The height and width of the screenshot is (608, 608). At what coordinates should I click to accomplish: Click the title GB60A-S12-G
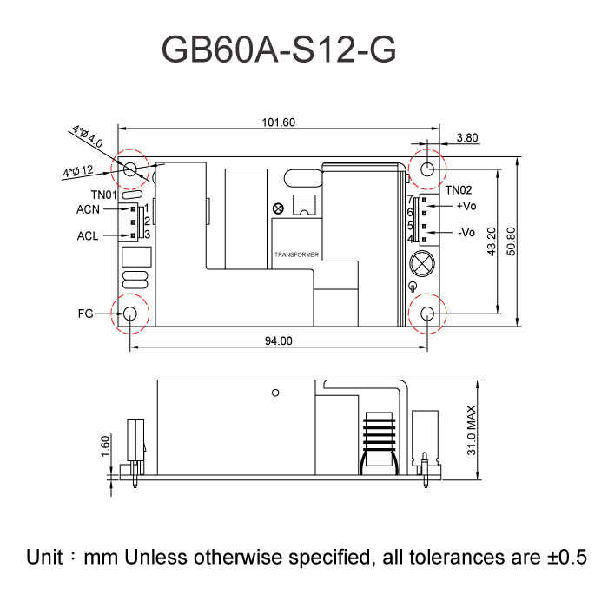pos(279,50)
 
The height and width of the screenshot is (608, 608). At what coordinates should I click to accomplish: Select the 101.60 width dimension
pos(278,122)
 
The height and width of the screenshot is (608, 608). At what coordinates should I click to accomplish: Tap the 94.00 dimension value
pos(278,340)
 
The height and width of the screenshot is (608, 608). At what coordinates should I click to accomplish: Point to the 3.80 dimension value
pos(466,137)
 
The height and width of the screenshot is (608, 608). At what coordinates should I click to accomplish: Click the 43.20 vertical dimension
pos(492,241)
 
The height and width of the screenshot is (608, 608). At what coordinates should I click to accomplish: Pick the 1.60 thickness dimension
pos(105,445)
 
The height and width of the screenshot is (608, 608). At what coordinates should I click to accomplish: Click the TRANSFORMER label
pos(295,255)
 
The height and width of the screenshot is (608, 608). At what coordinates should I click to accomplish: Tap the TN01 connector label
pos(104,195)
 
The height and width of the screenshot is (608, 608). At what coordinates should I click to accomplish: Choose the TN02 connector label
pos(459,189)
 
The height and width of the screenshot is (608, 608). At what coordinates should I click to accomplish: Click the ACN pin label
pos(89,209)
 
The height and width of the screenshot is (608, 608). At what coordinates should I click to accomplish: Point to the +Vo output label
pos(466,207)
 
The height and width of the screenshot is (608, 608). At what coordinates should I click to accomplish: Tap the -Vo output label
pos(466,233)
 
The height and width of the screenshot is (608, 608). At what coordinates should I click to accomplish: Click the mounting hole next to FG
pos(131,314)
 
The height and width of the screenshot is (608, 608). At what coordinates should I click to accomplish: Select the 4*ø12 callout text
pos(78,172)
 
